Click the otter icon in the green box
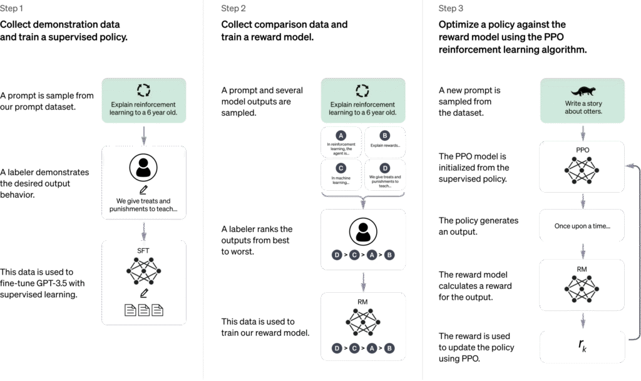pos(582,90)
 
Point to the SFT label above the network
pos(144,250)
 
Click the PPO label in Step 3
pos(582,151)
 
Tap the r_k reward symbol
pos(582,345)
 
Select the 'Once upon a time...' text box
pos(582,226)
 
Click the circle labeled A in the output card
pos(341,135)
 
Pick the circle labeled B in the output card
pos(385,135)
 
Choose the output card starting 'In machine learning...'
pos(341,175)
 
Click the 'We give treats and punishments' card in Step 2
pos(385,175)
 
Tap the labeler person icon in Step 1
pos(144,168)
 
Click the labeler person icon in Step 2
pos(363,231)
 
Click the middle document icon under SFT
pos(144,310)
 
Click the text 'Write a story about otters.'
pos(582,108)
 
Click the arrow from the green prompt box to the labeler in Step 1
pos(144,133)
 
